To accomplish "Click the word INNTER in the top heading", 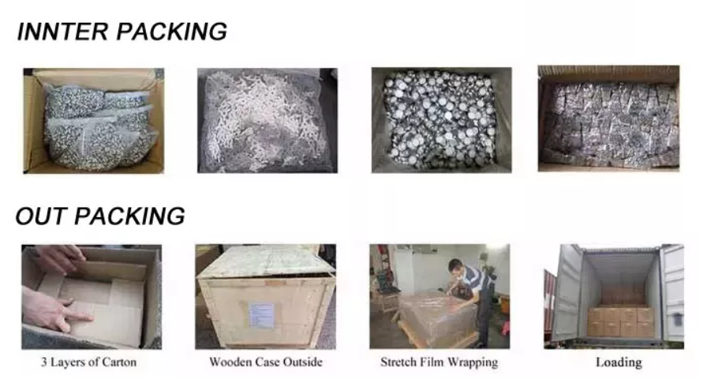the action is pyautogui.click(x=62, y=32).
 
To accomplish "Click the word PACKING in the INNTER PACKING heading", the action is pyautogui.click(x=172, y=32).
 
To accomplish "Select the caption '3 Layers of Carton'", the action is pyautogui.click(x=88, y=362).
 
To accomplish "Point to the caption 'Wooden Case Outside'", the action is pyautogui.click(x=266, y=362).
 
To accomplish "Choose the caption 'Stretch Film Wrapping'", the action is pyautogui.click(x=440, y=363).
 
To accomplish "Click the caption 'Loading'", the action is pyautogui.click(x=619, y=363).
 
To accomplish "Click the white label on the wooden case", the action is pyautogui.click(x=261, y=315).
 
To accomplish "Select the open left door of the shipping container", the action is pyautogui.click(x=566, y=292).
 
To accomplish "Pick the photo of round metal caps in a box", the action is pyautogui.click(x=441, y=120).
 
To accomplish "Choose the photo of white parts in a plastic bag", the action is pyautogui.click(x=267, y=121).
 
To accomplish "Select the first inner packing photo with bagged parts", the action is pyautogui.click(x=94, y=121).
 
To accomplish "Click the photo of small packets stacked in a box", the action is pyautogui.click(x=608, y=119).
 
